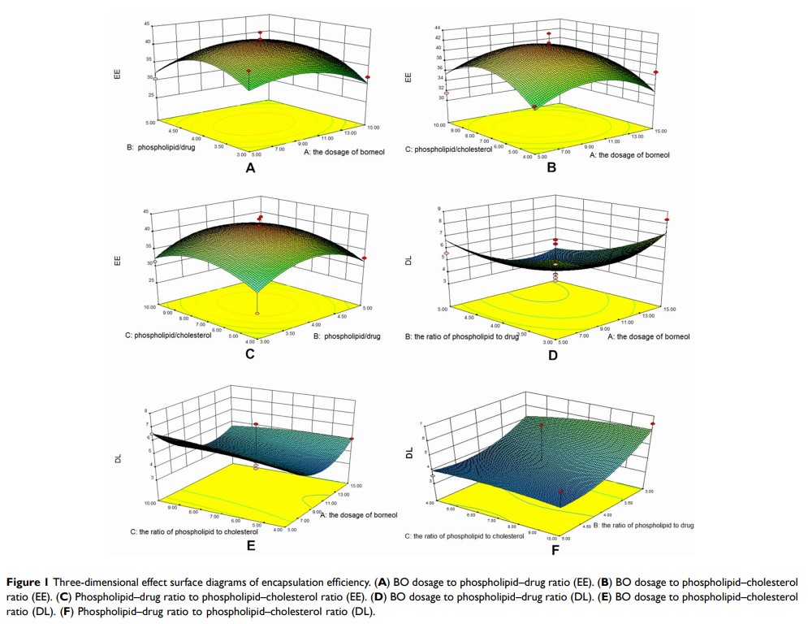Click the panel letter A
(x=250, y=168)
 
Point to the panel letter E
(x=251, y=545)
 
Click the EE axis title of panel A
(x=117, y=74)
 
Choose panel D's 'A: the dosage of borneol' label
(x=649, y=336)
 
